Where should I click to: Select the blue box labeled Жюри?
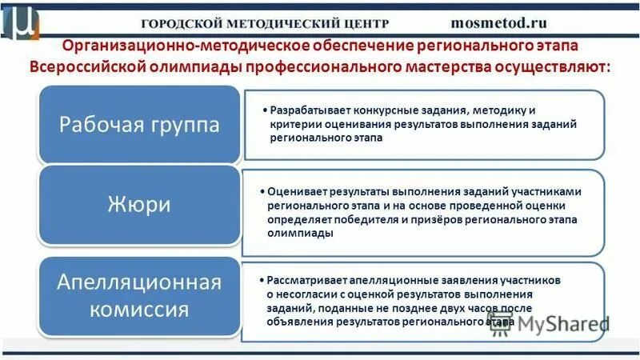[x=140, y=205]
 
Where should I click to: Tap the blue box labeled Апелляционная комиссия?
[x=140, y=296]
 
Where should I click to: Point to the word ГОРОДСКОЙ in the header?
[x=181, y=24]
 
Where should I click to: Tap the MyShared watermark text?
[x=564, y=324]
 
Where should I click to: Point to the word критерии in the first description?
[x=293, y=124]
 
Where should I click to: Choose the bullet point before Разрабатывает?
[x=264, y=110]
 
